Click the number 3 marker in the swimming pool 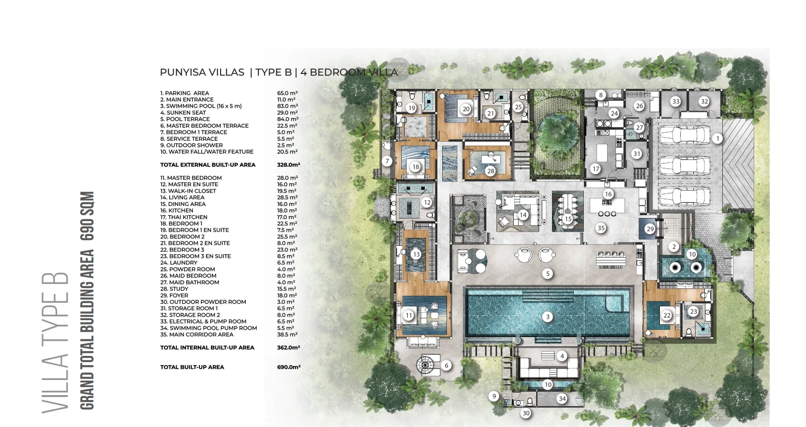coord(548,317)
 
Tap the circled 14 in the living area coord(523,215)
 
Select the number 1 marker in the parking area coord(717,138)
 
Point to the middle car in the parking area coord(685,166)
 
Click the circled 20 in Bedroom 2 coord(466,109)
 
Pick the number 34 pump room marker coord(562,398)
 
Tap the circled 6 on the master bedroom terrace coord(446,366)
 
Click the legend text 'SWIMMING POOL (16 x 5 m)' coord(204,106)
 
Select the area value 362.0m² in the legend coord(288,348)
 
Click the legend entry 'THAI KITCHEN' coord(188,217)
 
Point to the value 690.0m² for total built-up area coord(288,367)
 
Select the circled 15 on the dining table coord(568,219)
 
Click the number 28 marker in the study coord(491,171)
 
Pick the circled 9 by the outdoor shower coord(494,397)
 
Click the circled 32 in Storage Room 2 coord(704,102)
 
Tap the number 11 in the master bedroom coord(409,315)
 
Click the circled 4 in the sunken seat coord(562,356)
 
